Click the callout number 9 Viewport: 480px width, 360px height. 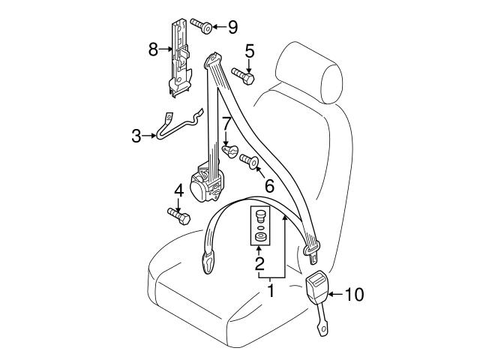232,28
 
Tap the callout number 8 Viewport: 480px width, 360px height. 153,50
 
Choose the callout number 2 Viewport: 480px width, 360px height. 259,263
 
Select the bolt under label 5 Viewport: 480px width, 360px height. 243,75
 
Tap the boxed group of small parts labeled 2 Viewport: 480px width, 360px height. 260,226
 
